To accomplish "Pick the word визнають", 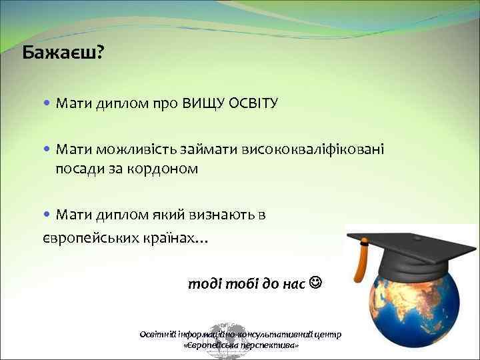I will [227, 214].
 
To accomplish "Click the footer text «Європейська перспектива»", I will [240, 347].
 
